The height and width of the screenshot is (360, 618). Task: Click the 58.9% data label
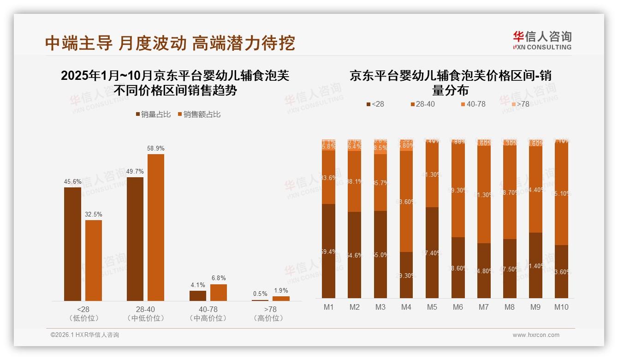(155, 149)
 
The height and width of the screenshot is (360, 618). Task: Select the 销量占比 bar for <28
(72, 244)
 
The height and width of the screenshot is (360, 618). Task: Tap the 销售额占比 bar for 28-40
(155, 227)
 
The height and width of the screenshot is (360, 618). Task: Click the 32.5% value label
(94, 215)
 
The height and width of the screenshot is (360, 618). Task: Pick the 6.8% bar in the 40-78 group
(219, 292)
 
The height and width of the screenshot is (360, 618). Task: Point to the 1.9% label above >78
(281, 291)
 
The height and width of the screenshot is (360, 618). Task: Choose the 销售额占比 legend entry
(199, 114)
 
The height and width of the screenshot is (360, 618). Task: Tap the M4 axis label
(406, 307)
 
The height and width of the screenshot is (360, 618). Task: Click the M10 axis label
(561, 307)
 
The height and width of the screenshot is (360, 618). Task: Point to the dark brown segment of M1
(329, 251)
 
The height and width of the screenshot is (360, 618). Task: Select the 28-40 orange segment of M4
(406, 201)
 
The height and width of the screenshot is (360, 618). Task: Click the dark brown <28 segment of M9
(535, 265)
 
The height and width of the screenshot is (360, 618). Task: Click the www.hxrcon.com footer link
(536, 335)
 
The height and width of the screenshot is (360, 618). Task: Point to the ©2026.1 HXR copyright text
(85, 335)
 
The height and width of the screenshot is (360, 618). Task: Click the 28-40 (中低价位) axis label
(145, 313)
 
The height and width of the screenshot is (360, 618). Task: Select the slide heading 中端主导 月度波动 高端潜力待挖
(170, 43)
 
